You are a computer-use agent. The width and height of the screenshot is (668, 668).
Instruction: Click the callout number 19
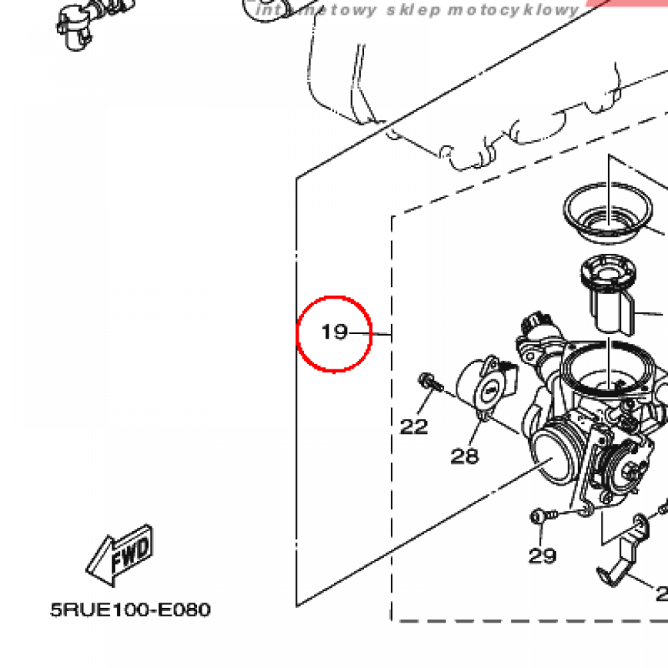click(335, 333)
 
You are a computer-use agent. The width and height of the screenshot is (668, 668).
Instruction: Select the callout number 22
click(414, 427)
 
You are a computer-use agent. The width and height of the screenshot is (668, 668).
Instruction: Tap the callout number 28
click(464, 457)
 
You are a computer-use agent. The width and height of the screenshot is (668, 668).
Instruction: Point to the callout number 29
click(542, 556)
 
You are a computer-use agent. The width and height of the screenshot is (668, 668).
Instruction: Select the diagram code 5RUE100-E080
click(130, 610)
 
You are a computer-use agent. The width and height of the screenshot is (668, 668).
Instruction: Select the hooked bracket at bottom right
click(623, 554)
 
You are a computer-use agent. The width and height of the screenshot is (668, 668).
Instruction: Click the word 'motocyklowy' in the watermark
click(515, 10)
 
